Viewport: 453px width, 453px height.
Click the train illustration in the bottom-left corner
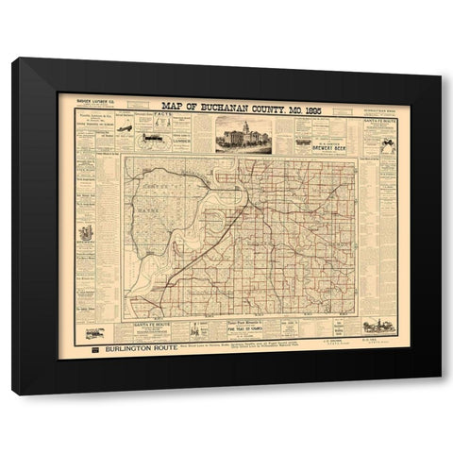tap(94, 333)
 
